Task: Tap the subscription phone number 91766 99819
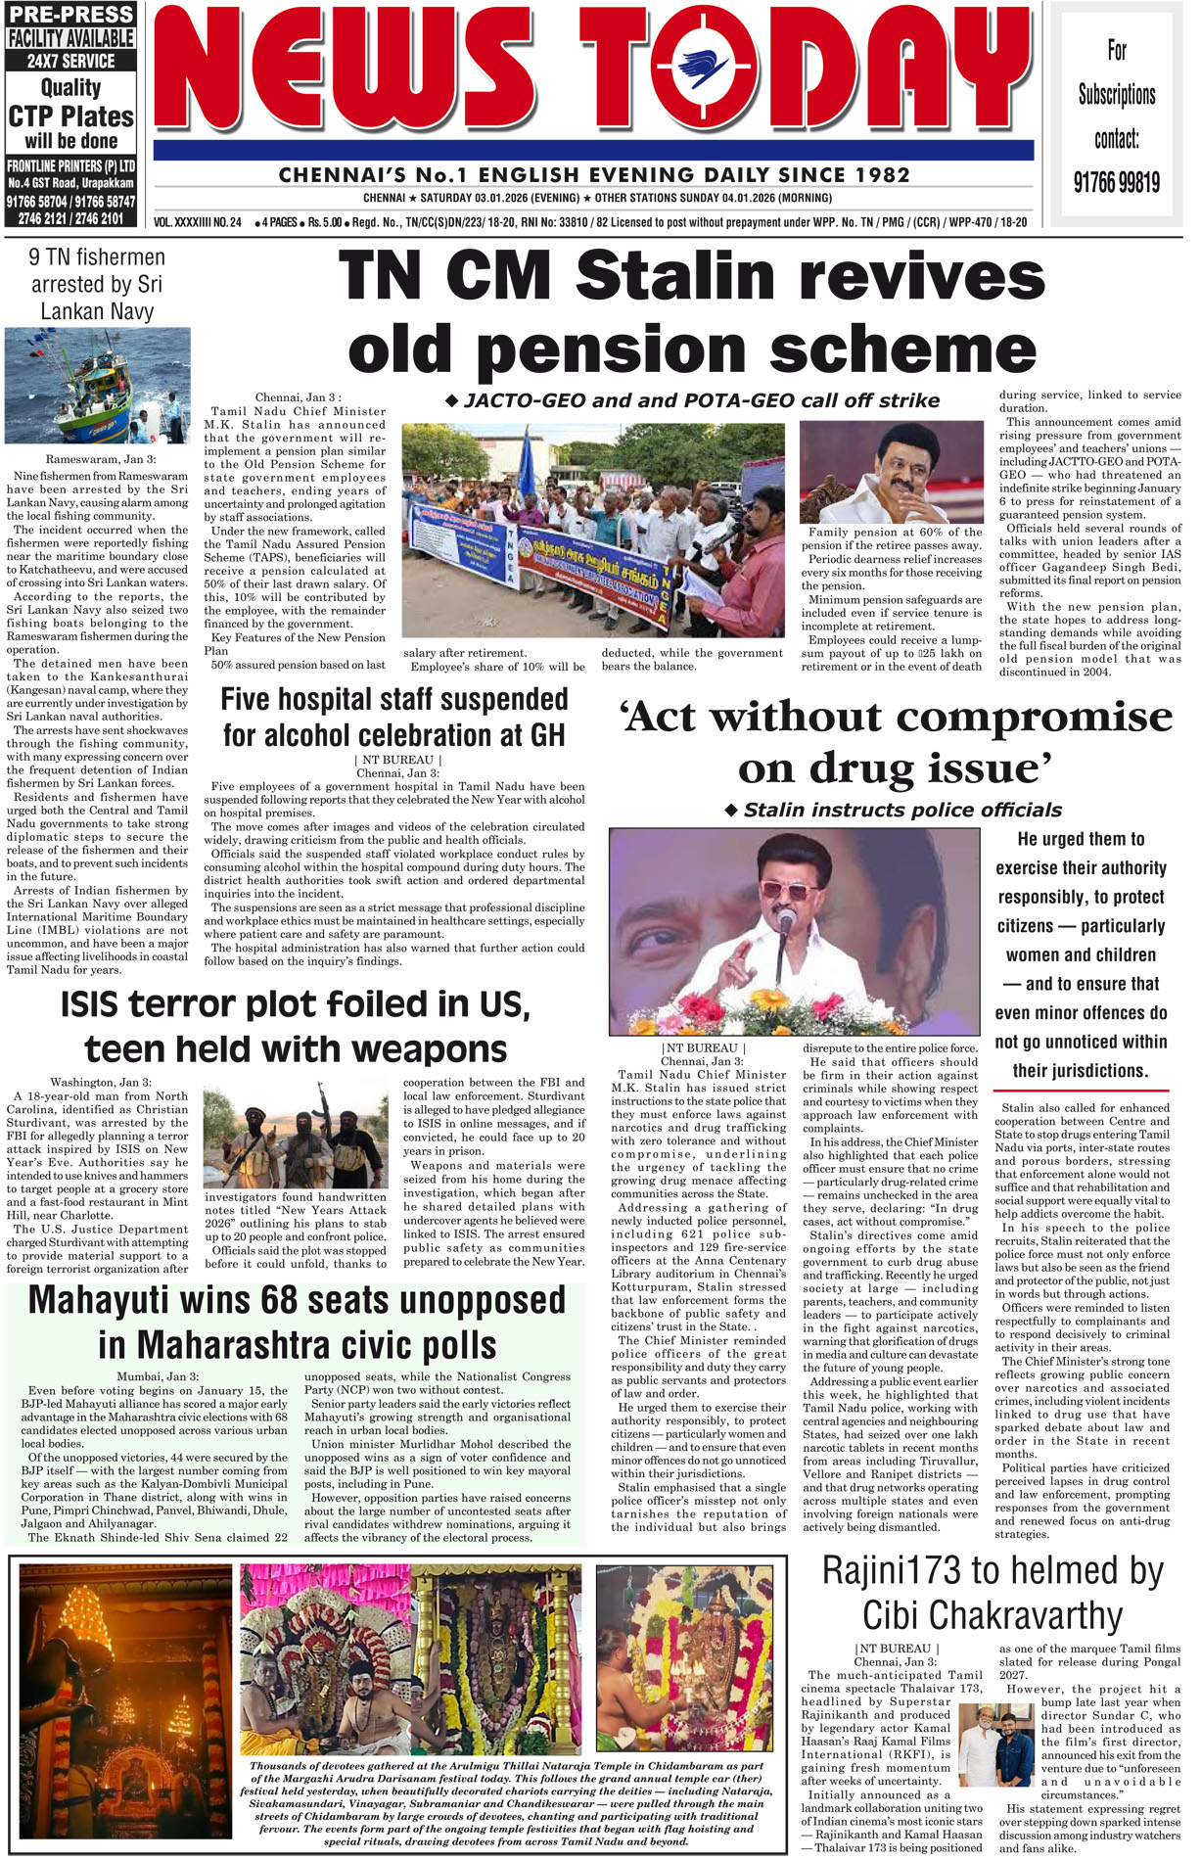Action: point(1116,182)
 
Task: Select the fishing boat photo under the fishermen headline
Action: point(97,386)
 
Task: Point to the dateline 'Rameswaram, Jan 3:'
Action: point(100,459)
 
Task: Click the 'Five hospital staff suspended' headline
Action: point(394,700)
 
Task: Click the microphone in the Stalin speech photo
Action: point(785,919)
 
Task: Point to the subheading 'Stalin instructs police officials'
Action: point(901,810)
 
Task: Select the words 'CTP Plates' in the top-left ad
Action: point(70,116)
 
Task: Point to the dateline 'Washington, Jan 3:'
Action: point(101,1082)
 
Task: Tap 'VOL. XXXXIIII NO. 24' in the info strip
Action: point(198,222)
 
